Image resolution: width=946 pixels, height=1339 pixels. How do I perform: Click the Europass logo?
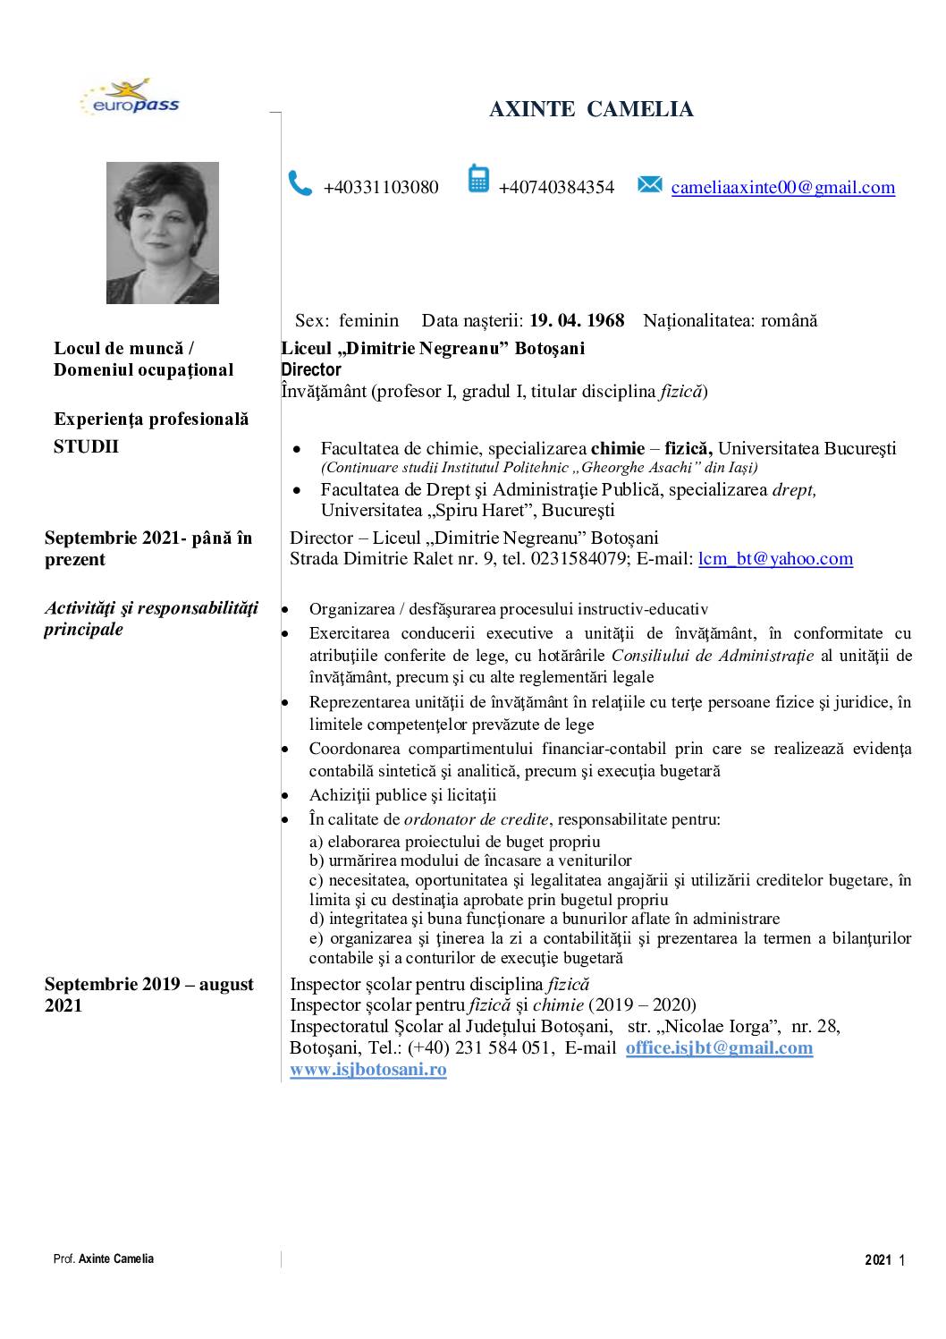(x=130, y=99)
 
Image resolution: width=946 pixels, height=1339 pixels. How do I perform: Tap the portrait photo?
(x=162, y=233)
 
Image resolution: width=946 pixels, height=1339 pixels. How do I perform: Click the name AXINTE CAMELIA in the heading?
(x=591, y=110)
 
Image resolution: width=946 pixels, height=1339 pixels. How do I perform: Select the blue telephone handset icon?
(x=300, y=183)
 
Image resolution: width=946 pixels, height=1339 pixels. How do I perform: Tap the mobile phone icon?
(x=478, y=180)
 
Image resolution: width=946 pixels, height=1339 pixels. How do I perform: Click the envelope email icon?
(x=650, y=185)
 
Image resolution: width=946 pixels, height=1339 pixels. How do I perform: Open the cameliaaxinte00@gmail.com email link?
(x=782, y=187)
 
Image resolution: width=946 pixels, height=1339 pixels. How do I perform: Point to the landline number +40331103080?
(x=381, y=187)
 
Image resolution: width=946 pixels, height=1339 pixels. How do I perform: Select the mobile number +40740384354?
(x=556, y=187)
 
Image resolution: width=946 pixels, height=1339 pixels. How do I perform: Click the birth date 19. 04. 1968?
(x=577, y=320)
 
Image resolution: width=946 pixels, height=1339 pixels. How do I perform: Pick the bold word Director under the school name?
(x=311, y=369)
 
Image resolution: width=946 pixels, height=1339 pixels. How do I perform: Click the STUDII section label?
(x=86, y=446)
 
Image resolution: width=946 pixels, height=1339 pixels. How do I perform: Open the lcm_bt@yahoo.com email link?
(x=775, y=559)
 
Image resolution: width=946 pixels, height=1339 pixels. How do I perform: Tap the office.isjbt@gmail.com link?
(x=719, y=1047)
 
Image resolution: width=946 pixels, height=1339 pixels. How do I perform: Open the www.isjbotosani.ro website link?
(x=367, y=1069)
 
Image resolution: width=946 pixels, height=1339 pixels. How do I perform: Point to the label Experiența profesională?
(x=151, y=419)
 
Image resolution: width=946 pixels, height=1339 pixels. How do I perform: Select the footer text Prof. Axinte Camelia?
(x=104, y=1258)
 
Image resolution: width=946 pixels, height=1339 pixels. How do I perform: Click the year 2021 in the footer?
(x=878, y=1260)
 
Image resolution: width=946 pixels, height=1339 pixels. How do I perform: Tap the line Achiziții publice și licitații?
(x=402, y=795)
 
